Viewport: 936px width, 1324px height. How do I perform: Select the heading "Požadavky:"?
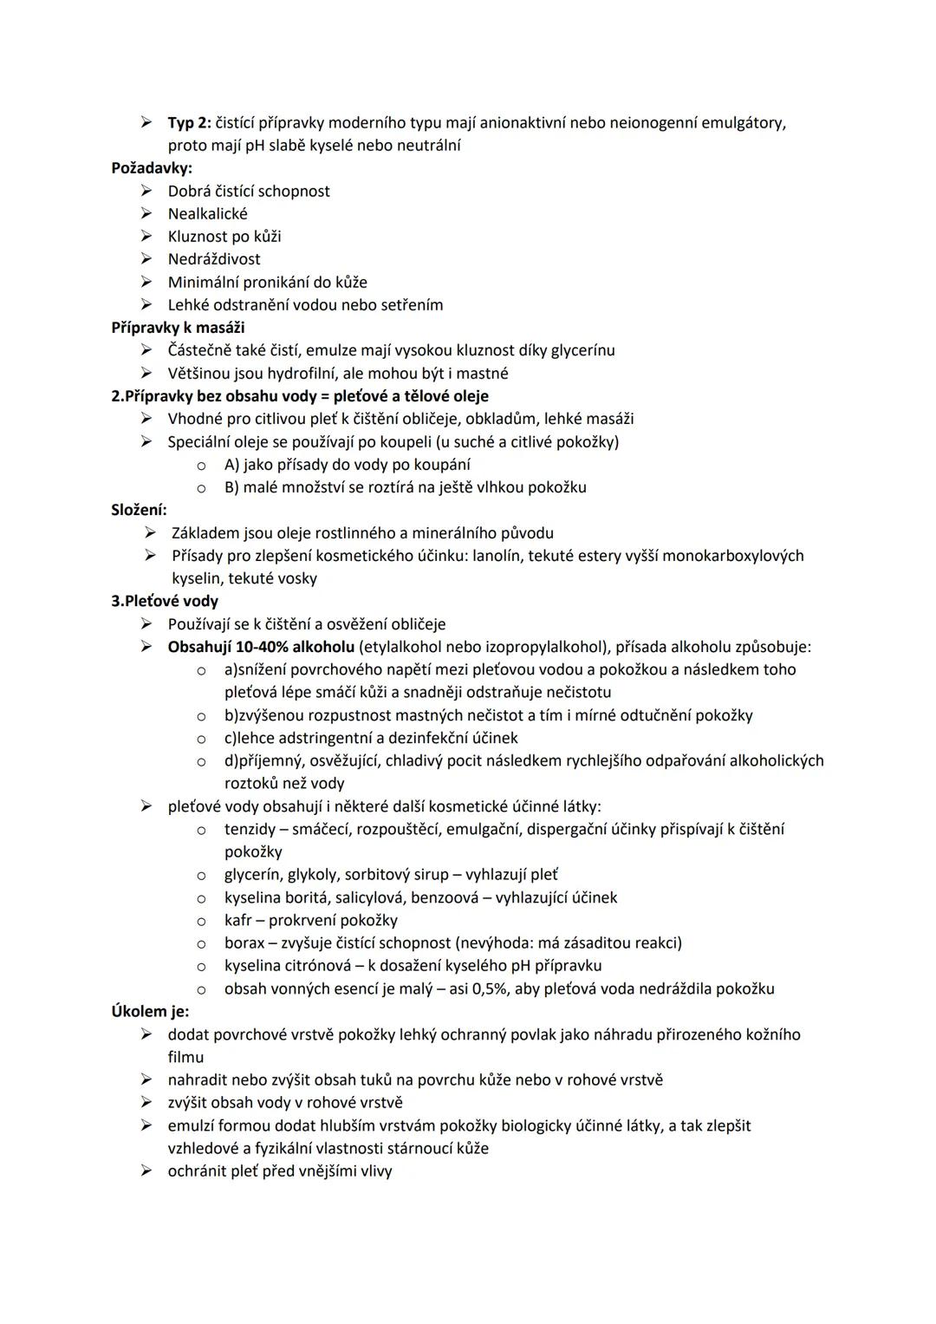(x=152, y=168)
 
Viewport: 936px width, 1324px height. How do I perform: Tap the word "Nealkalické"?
(x=207, y=214)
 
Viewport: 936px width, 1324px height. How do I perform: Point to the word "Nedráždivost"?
(x=213, y=259)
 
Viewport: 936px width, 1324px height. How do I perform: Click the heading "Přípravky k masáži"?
(x=178, y=328)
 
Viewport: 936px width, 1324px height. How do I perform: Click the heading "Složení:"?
(x=139, y=510)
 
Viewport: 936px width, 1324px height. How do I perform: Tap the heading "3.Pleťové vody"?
(x=165, y=601)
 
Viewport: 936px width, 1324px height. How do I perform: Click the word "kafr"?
(x=237, y=920)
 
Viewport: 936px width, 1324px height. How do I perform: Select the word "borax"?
(x=244, y=942)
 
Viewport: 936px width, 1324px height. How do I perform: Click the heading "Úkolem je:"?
(x=150, y=1011)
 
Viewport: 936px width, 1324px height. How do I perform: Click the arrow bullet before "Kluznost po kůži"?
(x=147, y=237)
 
